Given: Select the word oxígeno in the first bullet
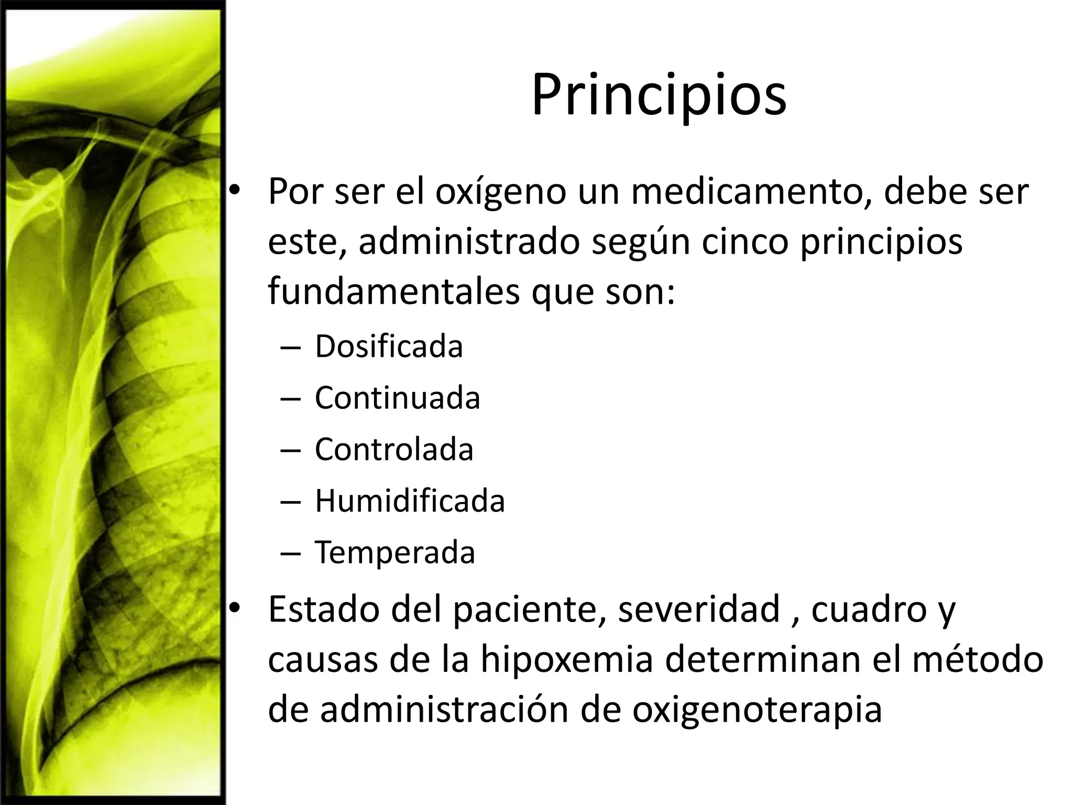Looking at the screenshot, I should pos(501,193).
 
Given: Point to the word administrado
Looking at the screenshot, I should pos(469,242).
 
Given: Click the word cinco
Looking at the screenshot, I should pos(744,242).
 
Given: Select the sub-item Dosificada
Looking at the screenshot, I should pos(389,346).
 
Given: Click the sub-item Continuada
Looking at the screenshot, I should pos(397,398).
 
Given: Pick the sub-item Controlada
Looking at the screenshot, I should pos(394,449).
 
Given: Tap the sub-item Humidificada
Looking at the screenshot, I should pos(410,501).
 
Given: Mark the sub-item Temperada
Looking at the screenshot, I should pos(395,552).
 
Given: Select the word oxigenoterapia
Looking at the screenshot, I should pos(757,710).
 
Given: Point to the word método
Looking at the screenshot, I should pos(978,659).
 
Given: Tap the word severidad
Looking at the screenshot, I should pos(699,609).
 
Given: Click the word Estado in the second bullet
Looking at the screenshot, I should pos(324,609).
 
